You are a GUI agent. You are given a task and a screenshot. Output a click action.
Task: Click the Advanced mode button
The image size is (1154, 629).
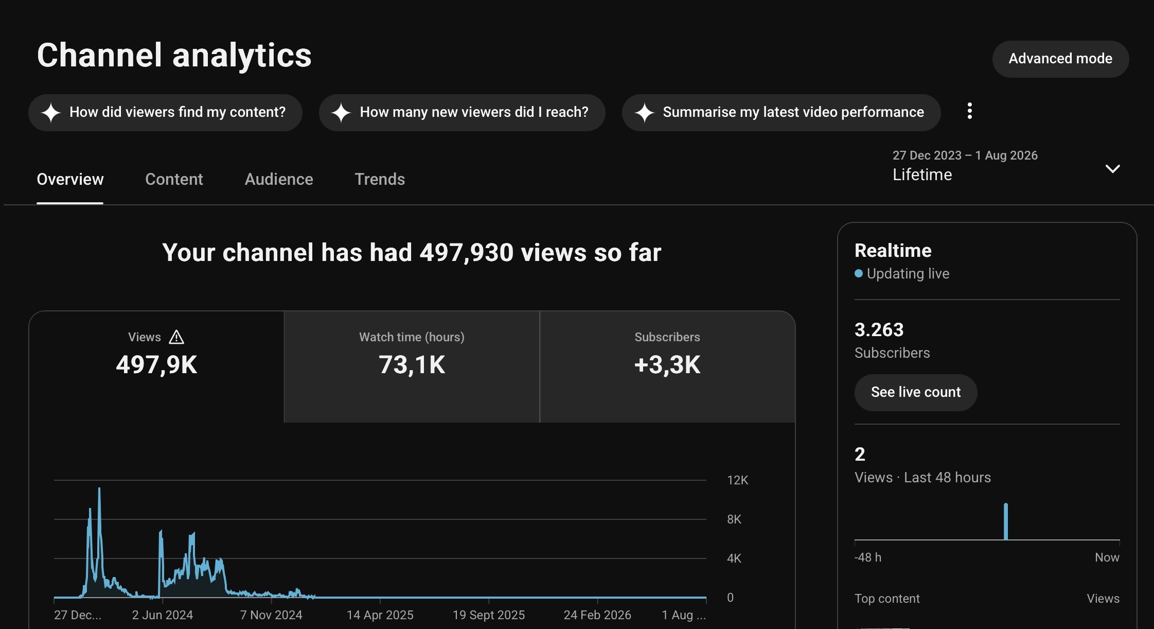[1060, 59]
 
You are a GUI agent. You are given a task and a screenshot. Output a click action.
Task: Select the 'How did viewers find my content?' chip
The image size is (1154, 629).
[165, 112]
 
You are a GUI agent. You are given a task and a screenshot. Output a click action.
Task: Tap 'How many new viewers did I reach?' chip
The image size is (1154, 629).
[462, 112]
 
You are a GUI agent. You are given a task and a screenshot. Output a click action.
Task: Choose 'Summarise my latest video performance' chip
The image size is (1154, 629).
[781, 112]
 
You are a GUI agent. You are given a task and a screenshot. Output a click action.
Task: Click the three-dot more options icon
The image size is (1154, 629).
[970, 111]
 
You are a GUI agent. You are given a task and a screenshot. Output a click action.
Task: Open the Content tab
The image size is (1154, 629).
[174, 179]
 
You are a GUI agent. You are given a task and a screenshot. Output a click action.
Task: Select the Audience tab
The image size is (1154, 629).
[279, 179]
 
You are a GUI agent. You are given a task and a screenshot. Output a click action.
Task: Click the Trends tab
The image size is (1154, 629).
[380, 179]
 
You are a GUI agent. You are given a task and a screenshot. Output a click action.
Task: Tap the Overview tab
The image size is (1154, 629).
[70, 179]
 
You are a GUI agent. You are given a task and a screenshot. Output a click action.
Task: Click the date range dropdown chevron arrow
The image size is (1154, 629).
[1112, 169]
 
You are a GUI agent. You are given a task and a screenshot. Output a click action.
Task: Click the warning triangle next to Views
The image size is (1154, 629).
[176, 337]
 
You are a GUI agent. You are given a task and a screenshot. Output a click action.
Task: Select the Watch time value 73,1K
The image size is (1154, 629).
[412, 365]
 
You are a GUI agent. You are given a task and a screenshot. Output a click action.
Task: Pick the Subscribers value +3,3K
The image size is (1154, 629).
[667, 365]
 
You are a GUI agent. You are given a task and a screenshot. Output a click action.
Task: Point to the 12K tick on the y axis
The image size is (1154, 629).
[737, 480]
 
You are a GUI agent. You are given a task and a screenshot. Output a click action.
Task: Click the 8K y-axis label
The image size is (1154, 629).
[734, 519]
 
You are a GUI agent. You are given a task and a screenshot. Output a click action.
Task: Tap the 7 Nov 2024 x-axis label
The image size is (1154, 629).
[271, 615]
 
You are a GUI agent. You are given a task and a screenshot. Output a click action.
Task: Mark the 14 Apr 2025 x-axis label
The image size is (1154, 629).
[380, 615]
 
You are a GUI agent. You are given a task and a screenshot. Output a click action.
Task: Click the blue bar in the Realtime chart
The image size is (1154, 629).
[1006, 521]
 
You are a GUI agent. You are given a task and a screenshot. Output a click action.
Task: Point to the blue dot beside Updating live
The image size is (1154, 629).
[859, 273]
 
